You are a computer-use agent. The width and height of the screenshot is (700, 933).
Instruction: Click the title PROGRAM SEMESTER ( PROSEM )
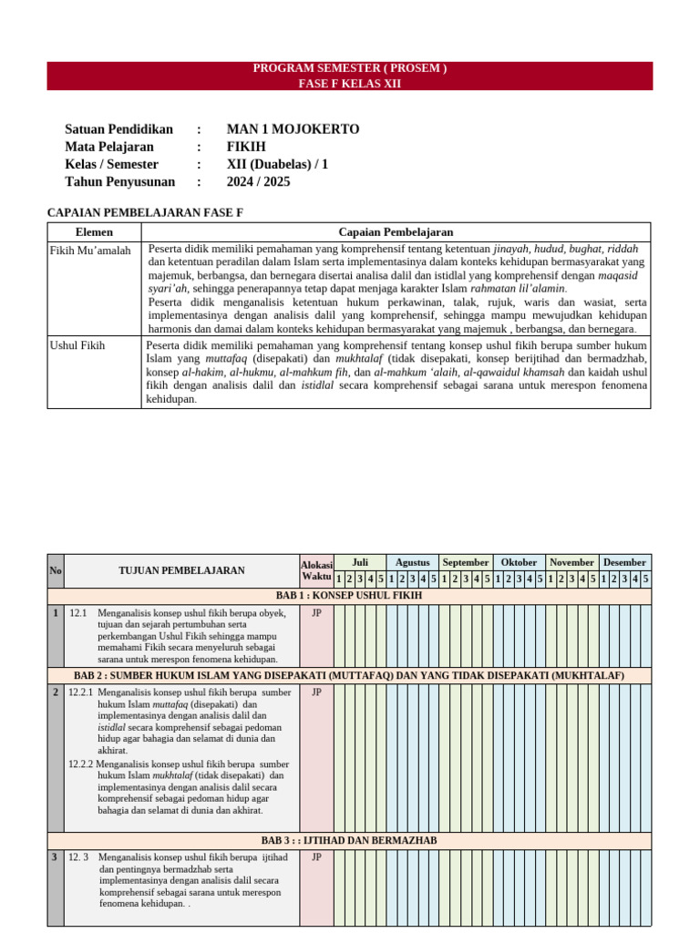pos(350,68)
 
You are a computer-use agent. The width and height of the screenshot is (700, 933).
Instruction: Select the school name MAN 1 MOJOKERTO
pos(293,129)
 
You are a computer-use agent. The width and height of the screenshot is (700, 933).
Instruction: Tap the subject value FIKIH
pos(246,147)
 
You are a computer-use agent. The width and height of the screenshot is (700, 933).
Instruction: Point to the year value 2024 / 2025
pos(258,181)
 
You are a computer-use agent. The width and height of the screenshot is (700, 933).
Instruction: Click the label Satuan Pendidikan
pos(118,129)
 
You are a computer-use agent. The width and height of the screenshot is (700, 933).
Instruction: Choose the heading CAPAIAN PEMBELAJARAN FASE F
pos(145,212)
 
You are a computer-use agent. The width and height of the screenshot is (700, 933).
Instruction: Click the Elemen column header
pos(94,232)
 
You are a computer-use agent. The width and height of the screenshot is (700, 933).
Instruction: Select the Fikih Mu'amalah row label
pos(90,251)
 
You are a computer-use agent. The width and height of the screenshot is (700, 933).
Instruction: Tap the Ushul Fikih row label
pos(77,345)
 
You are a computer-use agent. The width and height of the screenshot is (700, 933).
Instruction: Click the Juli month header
pos(359,562)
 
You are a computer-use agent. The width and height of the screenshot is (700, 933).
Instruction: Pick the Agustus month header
pos(412,562)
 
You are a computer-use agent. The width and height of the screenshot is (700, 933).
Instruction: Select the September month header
pos(466,562)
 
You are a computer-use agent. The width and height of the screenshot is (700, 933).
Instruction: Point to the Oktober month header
pos(519,562)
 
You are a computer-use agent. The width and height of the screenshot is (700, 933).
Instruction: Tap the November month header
pos(571,562)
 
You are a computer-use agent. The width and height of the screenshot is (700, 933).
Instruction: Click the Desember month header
pos(624,562)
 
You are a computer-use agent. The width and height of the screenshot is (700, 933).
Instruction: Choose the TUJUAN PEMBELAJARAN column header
pos(181,570)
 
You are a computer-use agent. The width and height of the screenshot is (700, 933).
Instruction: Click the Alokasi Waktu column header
pos(316,570)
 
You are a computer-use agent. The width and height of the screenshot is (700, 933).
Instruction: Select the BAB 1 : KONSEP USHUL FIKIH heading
pos(349,596)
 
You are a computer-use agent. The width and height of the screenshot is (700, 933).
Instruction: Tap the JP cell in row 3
pos(316,857)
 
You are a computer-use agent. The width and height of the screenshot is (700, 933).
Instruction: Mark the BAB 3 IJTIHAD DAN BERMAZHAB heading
pos(349,840)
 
